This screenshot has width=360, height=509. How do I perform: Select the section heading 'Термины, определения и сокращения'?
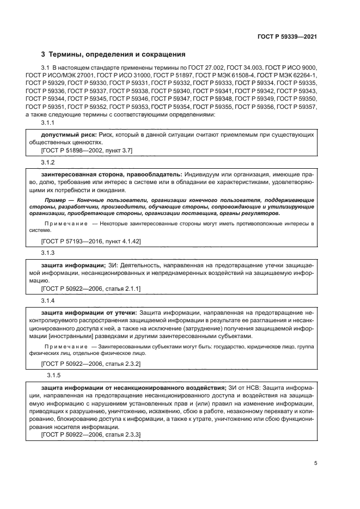pyautogui.click(x=117, y=54)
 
